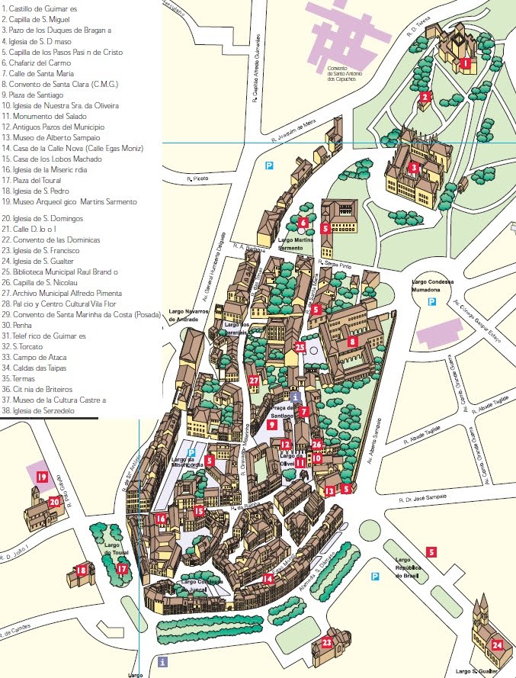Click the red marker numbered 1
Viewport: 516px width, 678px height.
coord(465,64)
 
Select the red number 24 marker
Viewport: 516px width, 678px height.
coord(497,644)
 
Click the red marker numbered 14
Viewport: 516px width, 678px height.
coord(268,579)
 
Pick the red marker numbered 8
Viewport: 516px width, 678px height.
coord(351,342)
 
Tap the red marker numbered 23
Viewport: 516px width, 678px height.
coord(327,643)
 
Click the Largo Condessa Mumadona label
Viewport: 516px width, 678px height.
coord(431,284)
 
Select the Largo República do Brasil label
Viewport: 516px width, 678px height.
coord(409,568)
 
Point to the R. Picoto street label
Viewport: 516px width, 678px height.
coord(197,179)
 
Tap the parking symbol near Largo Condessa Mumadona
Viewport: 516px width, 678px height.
coord(431,302)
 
